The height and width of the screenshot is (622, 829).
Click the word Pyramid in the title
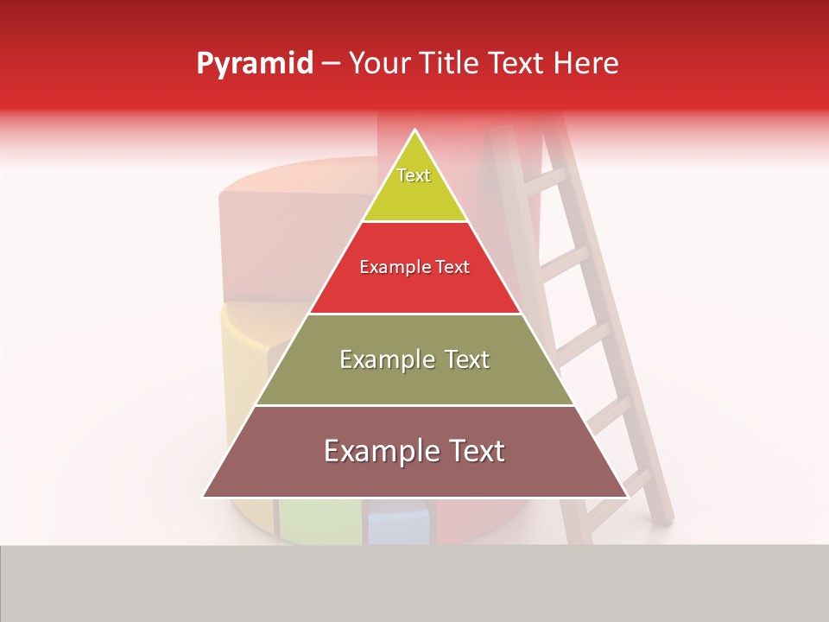[x=254, y=64]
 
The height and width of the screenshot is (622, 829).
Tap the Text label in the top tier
[x=414, y=175]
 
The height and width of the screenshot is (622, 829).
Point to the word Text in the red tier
[x=452, y=267]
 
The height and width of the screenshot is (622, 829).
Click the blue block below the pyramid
[x=398, y=523]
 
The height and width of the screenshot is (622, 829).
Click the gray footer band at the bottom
[x=414, y=583]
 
